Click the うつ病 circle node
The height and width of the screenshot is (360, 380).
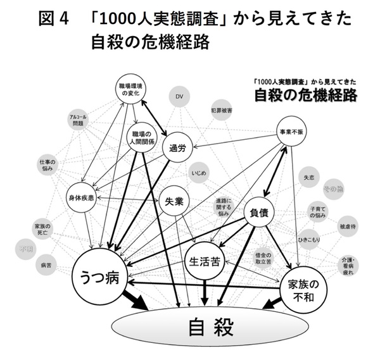(x=99, y=277)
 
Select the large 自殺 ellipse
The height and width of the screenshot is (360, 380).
(x=211, y=327)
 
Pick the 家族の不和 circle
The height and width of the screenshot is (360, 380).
(x=306, y=289)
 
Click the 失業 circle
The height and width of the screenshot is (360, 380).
(x=174, y=202)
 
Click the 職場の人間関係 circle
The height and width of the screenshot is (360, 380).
(x=139, y=137)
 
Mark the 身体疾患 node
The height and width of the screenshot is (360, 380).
(x=82, y=198)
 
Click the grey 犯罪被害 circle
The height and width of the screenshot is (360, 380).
(x=220, y=110)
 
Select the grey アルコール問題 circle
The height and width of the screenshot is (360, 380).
(x=79, y=120)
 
